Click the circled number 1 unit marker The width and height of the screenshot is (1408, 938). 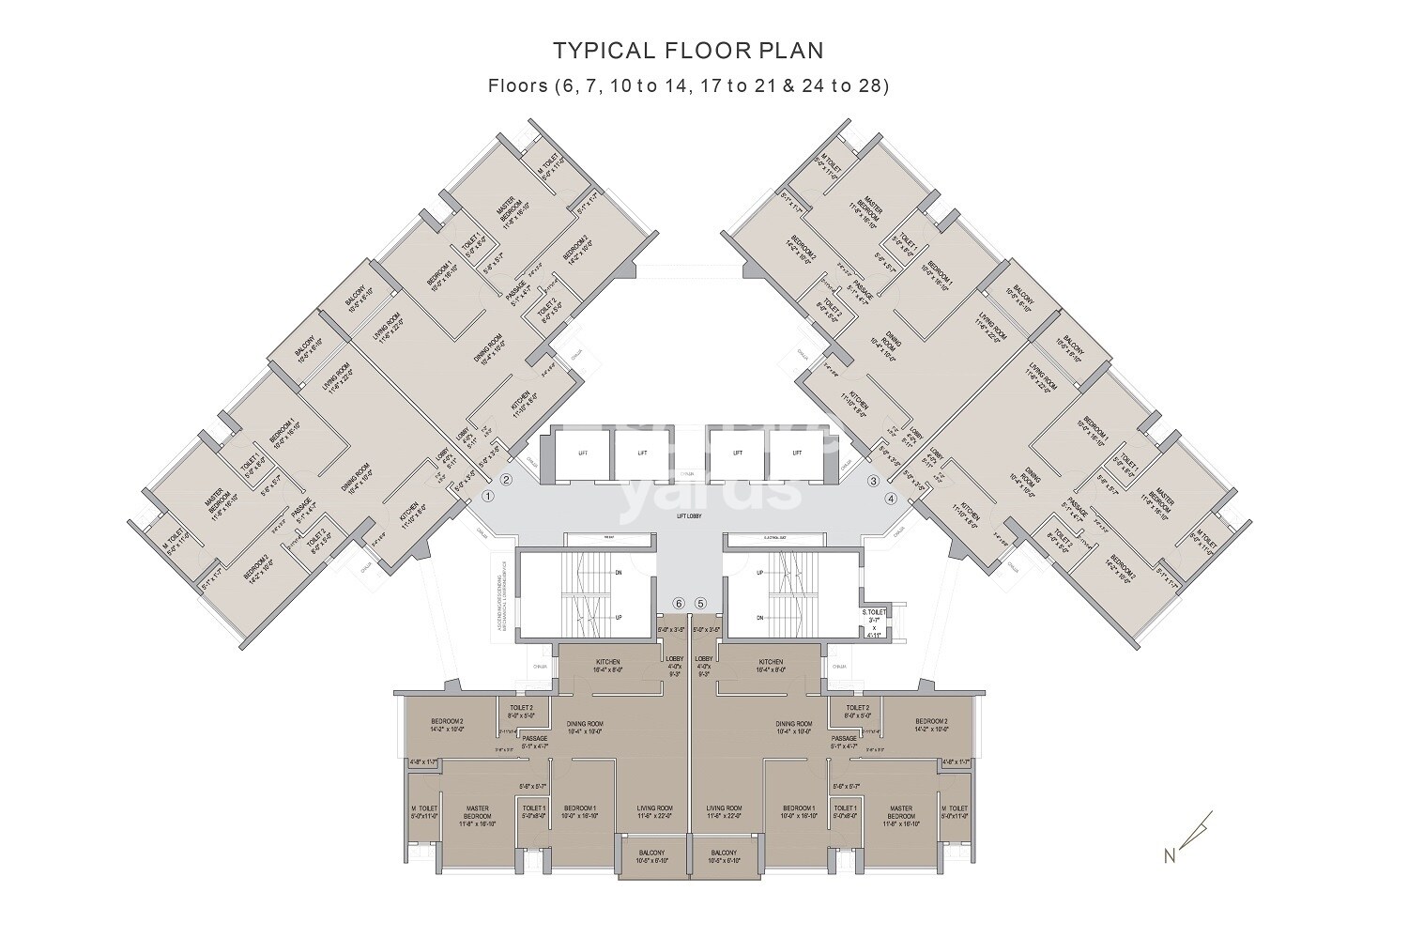coord(487,496)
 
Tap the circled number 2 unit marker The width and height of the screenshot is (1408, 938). coord(506,480)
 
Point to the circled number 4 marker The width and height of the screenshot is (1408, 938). coord(891,498)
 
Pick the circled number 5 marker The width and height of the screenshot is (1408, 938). coord(700,603)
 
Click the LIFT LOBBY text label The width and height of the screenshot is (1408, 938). coord(689,515)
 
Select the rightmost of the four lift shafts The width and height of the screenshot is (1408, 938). coord(799,453)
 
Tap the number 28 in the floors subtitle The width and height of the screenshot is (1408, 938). coord(868,85)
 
